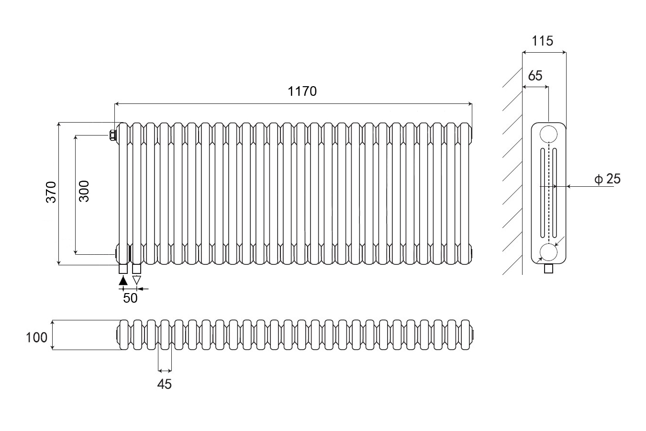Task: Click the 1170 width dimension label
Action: pos(302,91)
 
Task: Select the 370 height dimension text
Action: pos(52,192)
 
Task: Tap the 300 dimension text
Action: pos(84,191)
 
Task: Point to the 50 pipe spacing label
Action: pos(130,298)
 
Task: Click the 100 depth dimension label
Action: pos(37,337)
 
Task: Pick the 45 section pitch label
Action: pos(164,384)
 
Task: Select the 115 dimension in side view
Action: pos(543,41)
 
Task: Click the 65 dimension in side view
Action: pos(535,76)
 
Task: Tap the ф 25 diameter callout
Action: pos(607,179)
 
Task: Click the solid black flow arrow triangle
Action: pos(123,281)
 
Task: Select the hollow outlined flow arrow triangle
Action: pos(137,281)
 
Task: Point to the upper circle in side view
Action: pos(548,134)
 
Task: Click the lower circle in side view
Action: pos(548,252)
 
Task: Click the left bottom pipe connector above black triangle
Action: pos(123,269)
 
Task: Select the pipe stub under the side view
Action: pos(549,269)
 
